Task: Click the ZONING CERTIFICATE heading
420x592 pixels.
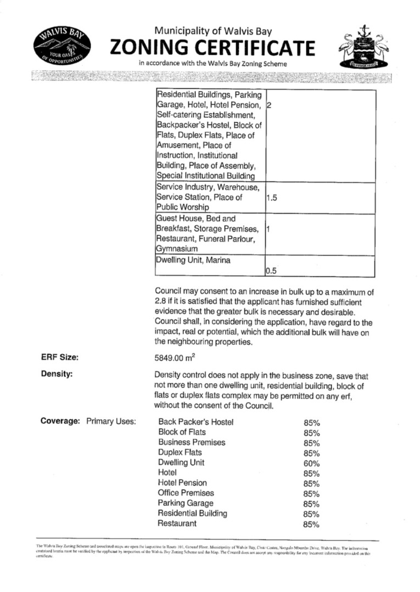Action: coord(213,48)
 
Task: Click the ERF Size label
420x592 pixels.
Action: coord(60,357)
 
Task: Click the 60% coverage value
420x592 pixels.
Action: coord(311,464)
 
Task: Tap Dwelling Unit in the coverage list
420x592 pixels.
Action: coord(181,463)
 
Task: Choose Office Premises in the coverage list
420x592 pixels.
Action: coord(186,493)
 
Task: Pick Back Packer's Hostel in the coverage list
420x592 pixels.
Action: coord(195,422)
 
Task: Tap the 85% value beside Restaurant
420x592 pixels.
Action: coord(311,525)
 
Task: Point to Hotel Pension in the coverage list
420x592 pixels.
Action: coord(182,483)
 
